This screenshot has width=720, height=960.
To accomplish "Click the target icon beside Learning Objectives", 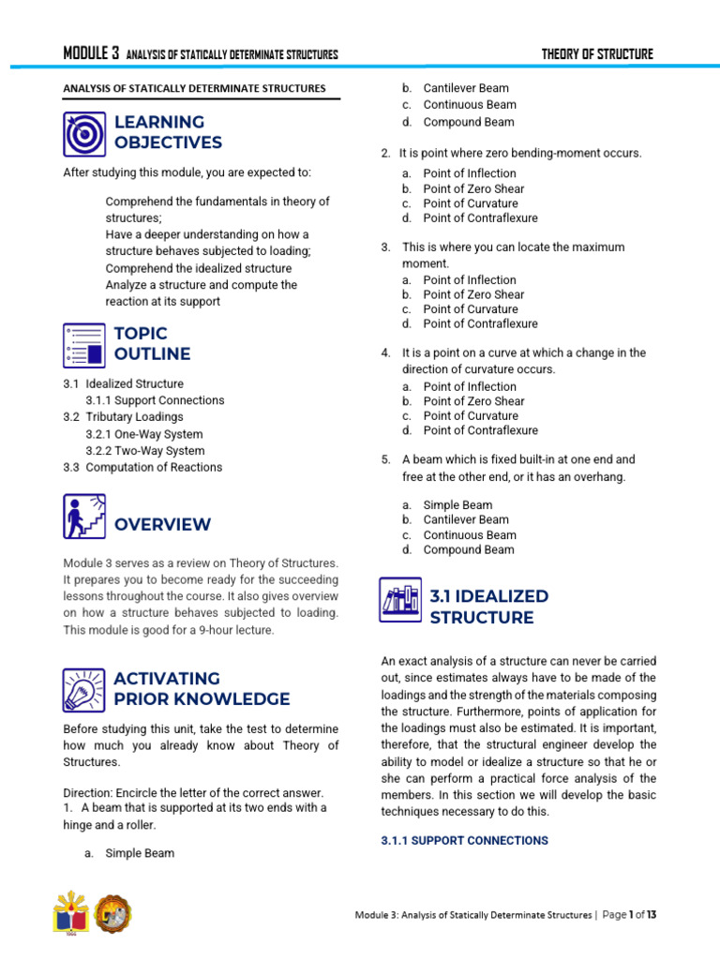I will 85,133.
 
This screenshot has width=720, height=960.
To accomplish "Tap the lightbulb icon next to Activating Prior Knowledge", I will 85,689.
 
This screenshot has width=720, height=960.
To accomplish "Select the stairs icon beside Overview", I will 85,517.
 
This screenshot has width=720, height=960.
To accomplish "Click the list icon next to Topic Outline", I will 85,344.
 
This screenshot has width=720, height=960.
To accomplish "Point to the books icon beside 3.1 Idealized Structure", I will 402,600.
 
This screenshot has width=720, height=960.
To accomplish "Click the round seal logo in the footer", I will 113,913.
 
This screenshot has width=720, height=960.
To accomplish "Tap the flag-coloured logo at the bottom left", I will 71,913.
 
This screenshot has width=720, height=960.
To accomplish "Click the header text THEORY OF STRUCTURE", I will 597,53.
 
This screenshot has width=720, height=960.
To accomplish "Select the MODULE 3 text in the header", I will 91,53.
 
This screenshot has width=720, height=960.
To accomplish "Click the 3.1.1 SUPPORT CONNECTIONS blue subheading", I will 465,841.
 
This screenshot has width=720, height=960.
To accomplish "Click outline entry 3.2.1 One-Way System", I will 143,434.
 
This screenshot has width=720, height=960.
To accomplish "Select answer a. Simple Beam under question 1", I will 139,853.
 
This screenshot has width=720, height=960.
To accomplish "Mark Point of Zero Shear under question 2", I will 473,188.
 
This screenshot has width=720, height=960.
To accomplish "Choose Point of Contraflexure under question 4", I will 480,430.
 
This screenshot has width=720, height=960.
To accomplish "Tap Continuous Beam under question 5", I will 469,534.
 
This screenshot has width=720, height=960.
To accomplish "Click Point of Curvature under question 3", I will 470,309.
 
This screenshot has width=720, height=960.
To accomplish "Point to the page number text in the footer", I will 629,914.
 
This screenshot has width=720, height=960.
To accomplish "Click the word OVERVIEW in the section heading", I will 162,524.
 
